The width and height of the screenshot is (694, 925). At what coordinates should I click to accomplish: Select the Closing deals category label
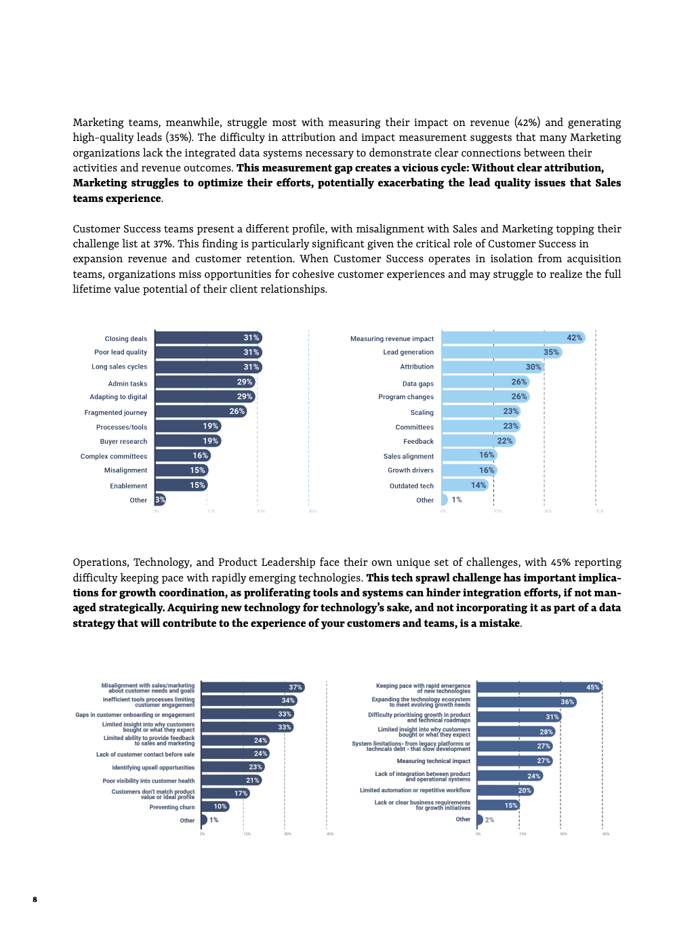tap(125, 339)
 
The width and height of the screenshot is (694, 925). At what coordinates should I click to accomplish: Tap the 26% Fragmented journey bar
tap(201, 411)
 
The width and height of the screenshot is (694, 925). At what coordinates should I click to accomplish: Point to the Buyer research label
tap(123, 442)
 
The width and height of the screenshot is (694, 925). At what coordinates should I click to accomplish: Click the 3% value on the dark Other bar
tap(160, 500)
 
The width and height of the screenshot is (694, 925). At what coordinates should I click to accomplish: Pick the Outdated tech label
tap(411, 486)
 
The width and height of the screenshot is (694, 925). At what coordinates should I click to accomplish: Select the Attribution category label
tap(417, 367)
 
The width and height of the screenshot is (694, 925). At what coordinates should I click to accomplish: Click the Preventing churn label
tap(172, 807)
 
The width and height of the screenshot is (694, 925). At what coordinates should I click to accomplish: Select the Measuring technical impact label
tap(433, 761)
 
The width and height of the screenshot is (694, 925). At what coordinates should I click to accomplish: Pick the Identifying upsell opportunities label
tap(153, 768)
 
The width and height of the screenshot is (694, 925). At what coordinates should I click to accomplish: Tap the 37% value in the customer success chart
tap(295, 687)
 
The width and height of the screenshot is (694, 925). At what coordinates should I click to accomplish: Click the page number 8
tap(35, 899)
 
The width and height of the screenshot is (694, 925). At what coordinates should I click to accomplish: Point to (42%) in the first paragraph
tap(527, 123)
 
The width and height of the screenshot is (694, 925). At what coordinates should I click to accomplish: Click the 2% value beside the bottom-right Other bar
tap(489, 820)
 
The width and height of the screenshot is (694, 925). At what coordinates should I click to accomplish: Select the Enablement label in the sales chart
tap(128, 486)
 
